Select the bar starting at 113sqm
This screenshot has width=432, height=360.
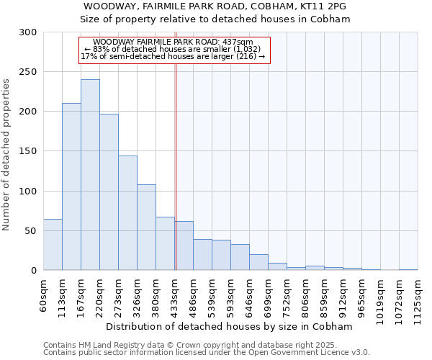point(71,186)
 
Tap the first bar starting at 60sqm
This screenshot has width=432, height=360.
point(53,245)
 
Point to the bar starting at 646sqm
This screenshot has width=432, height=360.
point(258,262)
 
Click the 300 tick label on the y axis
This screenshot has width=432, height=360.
point(27,32)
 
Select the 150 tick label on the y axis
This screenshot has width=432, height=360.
point(27,151)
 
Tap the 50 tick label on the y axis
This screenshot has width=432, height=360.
point(30,230)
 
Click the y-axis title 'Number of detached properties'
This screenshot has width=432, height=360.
point(7,155)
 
